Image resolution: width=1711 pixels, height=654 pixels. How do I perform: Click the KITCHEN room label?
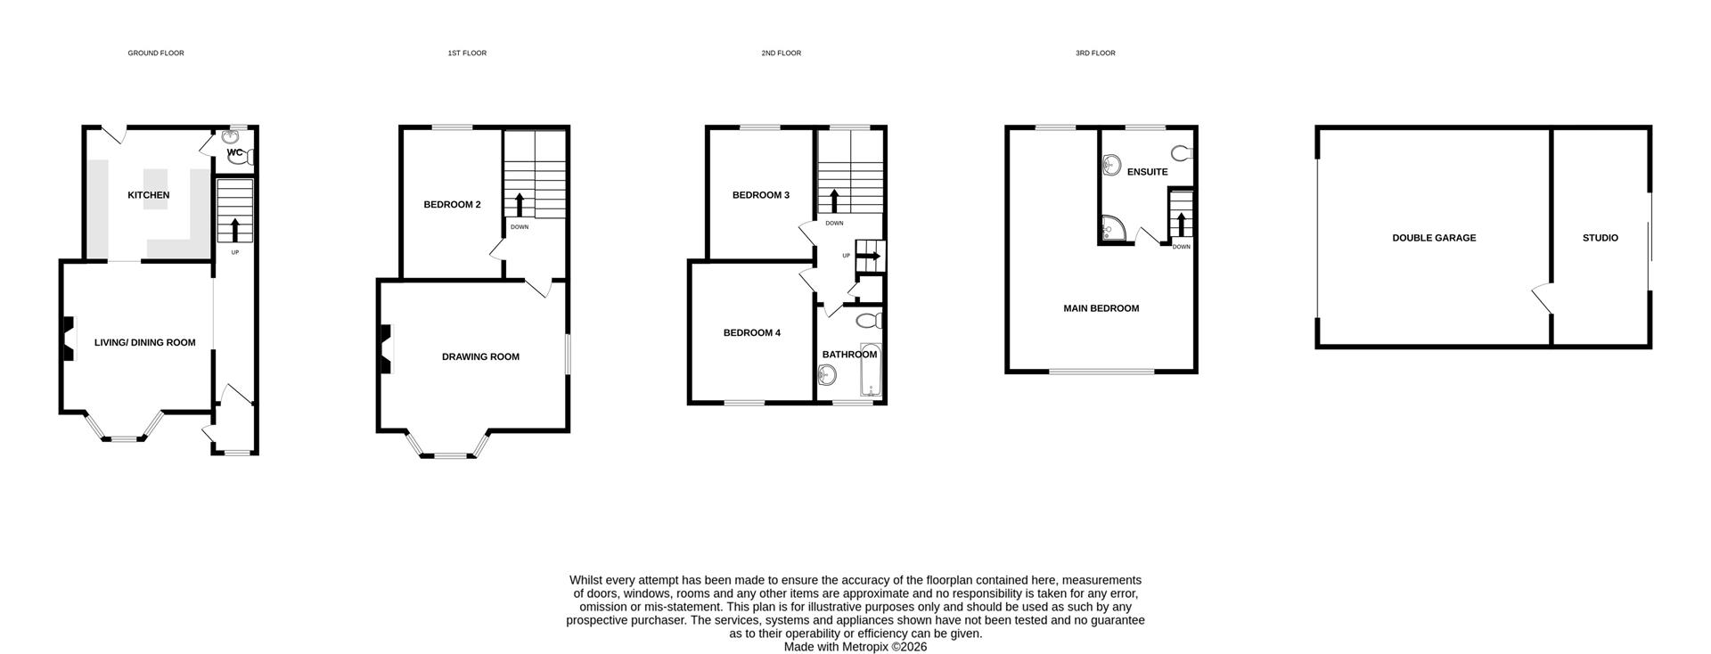pos(148,195)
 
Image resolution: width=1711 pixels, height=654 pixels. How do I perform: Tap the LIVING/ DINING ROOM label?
pos(144,342)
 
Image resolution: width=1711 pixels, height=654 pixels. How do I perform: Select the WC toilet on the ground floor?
pos(249,158)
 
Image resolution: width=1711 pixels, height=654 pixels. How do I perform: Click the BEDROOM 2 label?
pos(452,204)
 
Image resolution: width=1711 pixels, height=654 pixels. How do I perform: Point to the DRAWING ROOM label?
pos(480,356)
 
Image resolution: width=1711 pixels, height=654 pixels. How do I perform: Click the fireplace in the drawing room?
pos(385,348)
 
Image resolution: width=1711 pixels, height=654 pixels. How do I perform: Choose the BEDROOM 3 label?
pos(760,195)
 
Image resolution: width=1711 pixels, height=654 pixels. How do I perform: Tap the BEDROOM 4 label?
pos(751,332)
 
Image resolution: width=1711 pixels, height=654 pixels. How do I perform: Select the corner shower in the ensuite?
pos(1111,230)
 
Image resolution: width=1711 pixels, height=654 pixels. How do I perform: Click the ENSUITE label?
pos(1147,172)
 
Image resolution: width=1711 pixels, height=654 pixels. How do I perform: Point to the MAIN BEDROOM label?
pos(1101,308)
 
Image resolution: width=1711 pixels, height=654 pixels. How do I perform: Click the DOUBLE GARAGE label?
pos(1434,238)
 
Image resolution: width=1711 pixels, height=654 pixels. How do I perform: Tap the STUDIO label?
pos(1600,238)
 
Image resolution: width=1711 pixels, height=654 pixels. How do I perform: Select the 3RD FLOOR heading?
pos(1094,53)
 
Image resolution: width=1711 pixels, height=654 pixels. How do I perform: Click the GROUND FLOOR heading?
pos(156,53)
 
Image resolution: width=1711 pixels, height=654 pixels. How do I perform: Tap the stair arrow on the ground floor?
pos(235,229)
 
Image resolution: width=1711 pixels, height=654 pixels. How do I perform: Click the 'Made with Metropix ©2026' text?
pos(855,647)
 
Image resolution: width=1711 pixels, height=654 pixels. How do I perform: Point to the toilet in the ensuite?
pos(1182,153)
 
